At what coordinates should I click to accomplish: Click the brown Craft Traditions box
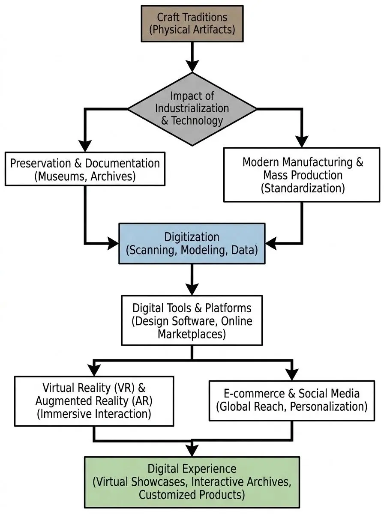(192, 24)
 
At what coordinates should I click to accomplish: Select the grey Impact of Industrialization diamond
(192, 108)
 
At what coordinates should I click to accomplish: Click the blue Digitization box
(192, 243)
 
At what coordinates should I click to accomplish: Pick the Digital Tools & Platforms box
(192, 320)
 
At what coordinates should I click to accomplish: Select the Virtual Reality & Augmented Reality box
(94, 401)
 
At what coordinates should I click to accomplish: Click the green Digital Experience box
(192, 482)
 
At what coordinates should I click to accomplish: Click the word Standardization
(303, 188)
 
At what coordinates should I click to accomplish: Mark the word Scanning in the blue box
(148, 250)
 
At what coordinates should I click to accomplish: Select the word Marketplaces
(192, 334)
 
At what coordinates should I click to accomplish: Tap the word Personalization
(328, 406)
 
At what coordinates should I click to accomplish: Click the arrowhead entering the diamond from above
(192, 65)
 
